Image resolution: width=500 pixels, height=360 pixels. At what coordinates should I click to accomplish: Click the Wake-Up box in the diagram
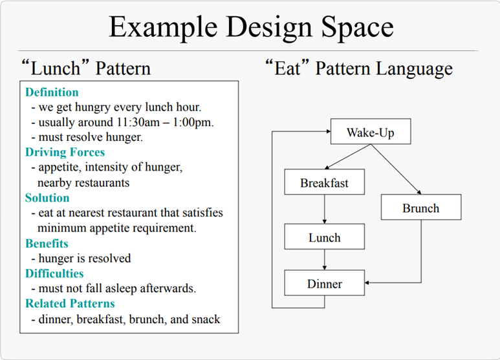370,133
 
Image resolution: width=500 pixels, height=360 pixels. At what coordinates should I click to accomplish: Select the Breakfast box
324,183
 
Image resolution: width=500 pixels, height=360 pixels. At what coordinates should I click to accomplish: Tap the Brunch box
420,208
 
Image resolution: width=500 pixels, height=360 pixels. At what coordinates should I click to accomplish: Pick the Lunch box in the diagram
324,237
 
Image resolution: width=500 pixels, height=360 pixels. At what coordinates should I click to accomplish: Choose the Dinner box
324,284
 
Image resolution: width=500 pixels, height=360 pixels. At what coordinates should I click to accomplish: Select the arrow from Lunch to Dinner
325,260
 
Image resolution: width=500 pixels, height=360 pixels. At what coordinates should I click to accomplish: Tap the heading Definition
52,92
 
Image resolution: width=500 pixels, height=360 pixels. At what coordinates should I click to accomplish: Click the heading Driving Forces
65,153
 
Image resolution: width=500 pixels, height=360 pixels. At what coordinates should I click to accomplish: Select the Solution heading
47,198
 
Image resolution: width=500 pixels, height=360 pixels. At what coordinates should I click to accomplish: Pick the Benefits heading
47,244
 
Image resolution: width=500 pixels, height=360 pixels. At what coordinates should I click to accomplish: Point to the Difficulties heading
54,273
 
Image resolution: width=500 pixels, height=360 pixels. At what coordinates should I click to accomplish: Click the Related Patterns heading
70,304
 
